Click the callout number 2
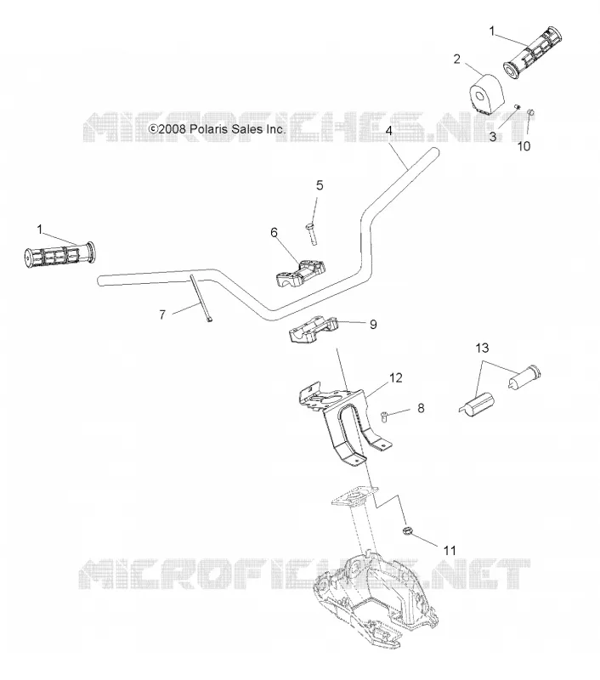tap(456, 59)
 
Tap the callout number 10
tap(524, 146)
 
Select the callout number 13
tap(482, 348)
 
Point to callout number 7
tap(162, 314)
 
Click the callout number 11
tap(450, 550)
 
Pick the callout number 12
tap(396, 377)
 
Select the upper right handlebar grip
tap(532, 54)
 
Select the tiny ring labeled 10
tap(530, 113)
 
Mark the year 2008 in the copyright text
tap(173, 129)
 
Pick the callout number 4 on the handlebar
tap(389, 131)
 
